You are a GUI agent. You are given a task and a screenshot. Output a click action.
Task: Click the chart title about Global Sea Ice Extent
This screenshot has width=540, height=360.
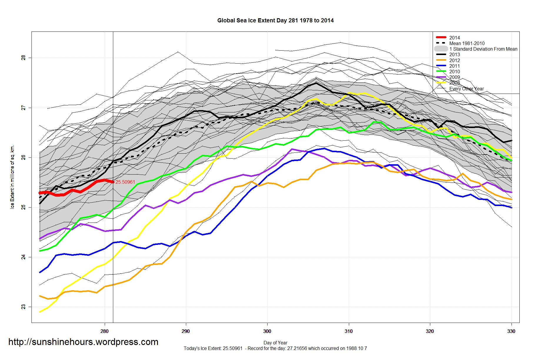(275, 21)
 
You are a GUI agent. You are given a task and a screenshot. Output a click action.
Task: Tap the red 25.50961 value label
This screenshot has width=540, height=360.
(125, 182)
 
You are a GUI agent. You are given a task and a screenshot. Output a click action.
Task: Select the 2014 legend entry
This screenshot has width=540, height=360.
(454, 38)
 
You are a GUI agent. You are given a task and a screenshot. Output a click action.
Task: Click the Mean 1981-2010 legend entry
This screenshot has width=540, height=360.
(467, 43)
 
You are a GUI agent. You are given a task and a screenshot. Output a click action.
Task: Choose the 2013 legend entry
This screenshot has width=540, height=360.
(454, 54)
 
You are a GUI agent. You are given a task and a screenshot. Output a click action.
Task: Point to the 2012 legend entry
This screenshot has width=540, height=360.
(454, 60)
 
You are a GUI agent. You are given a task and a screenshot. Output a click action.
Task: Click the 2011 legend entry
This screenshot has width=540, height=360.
(454, 66)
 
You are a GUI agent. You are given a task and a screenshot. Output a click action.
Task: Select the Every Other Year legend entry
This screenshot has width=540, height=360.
(466, 89)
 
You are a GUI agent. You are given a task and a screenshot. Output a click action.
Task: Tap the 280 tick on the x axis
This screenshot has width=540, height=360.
(104, 331)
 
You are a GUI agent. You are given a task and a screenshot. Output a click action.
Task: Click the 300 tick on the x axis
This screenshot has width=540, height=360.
(267, 331)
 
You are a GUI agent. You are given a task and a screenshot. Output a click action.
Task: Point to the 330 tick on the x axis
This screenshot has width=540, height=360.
(511, 331)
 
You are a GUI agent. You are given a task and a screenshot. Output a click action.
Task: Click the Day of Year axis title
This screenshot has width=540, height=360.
(275, 343)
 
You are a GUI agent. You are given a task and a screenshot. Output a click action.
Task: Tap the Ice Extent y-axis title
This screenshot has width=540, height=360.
(12, 177)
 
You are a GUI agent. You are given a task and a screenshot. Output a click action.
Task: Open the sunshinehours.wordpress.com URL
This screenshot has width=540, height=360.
(83, 342)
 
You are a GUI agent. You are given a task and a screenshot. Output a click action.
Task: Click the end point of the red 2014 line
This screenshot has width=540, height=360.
(113, 182)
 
